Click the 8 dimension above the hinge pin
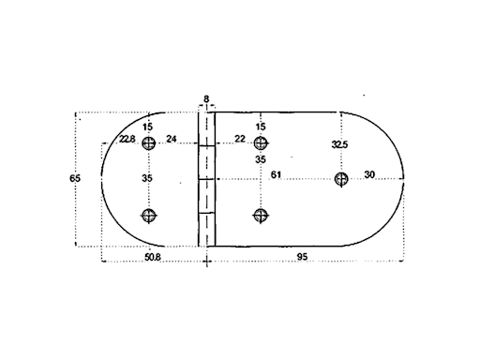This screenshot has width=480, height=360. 206,97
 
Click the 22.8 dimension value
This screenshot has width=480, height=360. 127,140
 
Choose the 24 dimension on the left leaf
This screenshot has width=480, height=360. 172,140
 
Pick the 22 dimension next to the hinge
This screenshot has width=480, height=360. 240,140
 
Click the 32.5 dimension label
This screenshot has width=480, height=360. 340,144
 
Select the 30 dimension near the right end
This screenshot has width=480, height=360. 368,175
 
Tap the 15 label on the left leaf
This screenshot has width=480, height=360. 147,127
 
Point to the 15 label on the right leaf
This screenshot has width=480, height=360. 261,127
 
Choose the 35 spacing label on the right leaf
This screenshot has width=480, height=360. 261,160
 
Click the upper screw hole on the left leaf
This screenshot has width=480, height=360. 147,142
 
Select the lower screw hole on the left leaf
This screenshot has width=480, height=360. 147,216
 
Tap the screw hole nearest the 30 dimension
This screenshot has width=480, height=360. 341,179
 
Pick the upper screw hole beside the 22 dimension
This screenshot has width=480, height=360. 261,143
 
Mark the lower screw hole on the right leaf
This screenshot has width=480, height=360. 261,216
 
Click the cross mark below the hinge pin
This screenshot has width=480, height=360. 206,262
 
